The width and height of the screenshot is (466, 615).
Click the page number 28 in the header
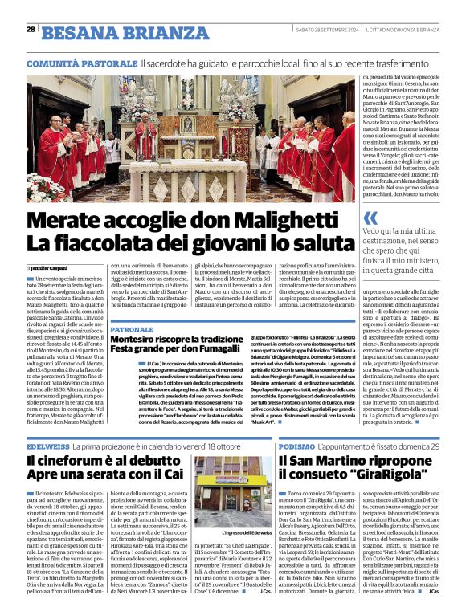(x=31, y=29)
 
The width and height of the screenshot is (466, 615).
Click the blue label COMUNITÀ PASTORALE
(x=81, y=63)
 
